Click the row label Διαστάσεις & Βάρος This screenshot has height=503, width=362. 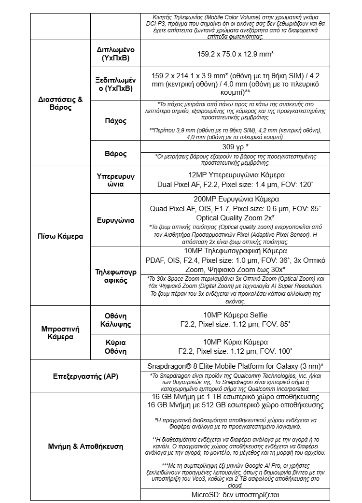point(60,103)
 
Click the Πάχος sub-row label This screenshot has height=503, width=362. point(115,121)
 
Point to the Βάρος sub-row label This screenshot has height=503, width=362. point(115,154)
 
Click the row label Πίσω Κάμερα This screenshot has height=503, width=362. point(60,236)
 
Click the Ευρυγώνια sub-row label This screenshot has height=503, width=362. point(115,220)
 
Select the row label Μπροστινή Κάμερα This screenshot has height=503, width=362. point(60,333)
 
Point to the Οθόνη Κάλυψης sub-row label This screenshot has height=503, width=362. point(115,319)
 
